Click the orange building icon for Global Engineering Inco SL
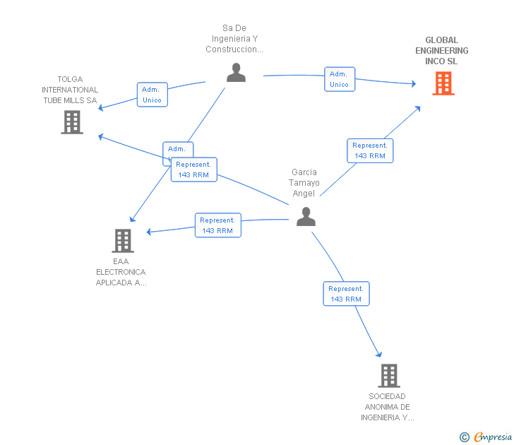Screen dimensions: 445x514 [443, 83]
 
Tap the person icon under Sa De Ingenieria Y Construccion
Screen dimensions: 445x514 [236, 72]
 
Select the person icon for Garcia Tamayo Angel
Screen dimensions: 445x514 [306, 216]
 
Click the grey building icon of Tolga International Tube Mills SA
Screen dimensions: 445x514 [72, 122]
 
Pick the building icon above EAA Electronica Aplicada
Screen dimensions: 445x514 [123, 241]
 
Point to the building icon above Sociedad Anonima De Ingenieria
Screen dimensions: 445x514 [388, 376]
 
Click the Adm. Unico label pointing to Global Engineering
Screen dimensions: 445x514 [339, 79]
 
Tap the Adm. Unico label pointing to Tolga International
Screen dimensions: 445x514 [152, 95]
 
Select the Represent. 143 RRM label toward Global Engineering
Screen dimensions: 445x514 [370, 150]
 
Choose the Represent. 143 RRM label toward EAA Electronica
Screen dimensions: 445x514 [217, 225]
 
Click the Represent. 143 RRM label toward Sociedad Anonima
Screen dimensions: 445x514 [346, 294]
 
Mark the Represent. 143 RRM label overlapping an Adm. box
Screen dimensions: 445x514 [194, 170]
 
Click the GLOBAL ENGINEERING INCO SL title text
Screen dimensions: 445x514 [442, 51]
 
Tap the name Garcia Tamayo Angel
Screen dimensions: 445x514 [305, 182]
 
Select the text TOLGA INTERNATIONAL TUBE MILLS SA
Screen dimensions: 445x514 [70, 90]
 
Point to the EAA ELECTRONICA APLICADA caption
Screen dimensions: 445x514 [121, 272]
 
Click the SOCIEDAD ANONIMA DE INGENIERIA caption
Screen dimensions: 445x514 [388, 407]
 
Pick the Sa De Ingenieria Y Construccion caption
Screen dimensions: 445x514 [234, 39]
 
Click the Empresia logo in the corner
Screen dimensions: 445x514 [487, 437]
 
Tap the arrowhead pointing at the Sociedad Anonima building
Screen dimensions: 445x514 [379, 354]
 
